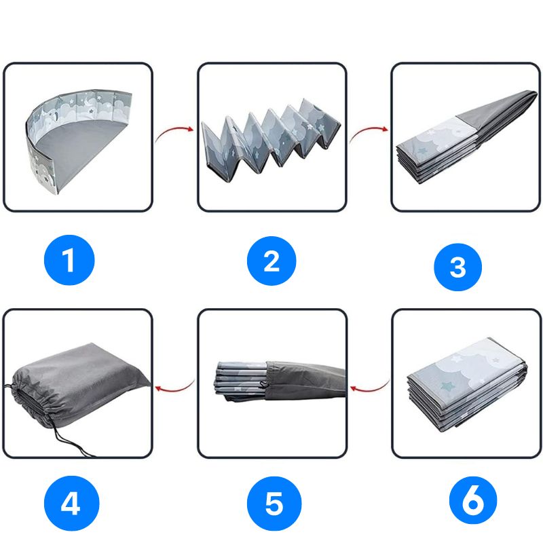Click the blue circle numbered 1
tap(69, 260)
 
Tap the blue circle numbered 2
tap(271, 261)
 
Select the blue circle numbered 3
tap(457, 267)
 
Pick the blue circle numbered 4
tap(71, 503)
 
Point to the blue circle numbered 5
tap(274, 503)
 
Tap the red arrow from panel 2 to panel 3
tap(368, 131)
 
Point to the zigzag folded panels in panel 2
tap(271, 136)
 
